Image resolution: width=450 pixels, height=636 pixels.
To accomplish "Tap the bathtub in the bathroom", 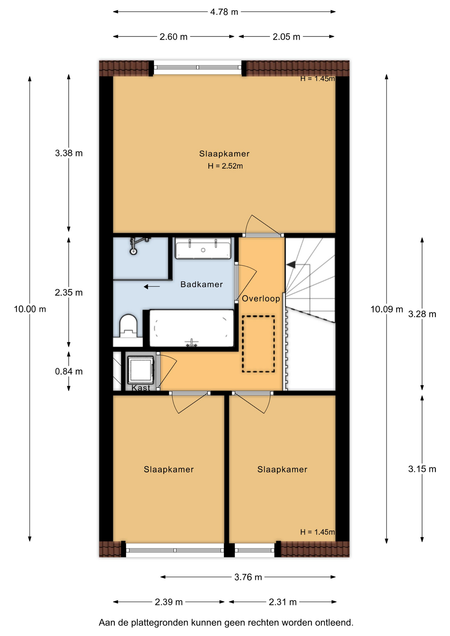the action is pyautogui.click(x=192, y=328).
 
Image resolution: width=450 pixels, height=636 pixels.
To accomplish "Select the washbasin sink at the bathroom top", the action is pyautogui.click(x=203, y=248).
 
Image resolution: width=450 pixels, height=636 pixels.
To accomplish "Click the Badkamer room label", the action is pyautogui.click(x=201, y=284).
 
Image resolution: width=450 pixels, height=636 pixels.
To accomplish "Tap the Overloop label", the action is pyautogui.click(x=261, y=298).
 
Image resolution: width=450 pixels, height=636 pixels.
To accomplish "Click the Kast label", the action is pyautogui.click(x=141, y=388).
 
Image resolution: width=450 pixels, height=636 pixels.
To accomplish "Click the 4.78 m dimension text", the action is pyautogui.click(x=224, y=12).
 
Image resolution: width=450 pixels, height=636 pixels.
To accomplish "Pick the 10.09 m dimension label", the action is pyautogui.click(x=387, y=309).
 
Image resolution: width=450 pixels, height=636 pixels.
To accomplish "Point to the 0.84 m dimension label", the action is pyautogui.click(x=69, y=371).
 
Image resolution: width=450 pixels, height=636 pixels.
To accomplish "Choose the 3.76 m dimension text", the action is pyautogui.click(x=248, y=577).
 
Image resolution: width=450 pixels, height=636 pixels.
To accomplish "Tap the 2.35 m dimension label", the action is pyautogui.click(x=69, y=292).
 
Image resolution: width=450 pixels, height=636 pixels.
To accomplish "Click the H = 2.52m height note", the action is pyautogui.click(x=225, y=166).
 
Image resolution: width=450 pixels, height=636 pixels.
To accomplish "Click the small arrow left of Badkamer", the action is pyautogui.click(x=152, y=287).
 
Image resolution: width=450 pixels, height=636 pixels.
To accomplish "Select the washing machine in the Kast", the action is pyautogui.click(x=141, y=370).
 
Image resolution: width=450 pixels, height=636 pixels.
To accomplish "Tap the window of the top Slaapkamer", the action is pyautogui.click(x=198, y=67).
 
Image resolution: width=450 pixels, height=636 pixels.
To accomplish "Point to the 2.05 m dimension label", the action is pyautogui.click(x=286, y=37).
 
